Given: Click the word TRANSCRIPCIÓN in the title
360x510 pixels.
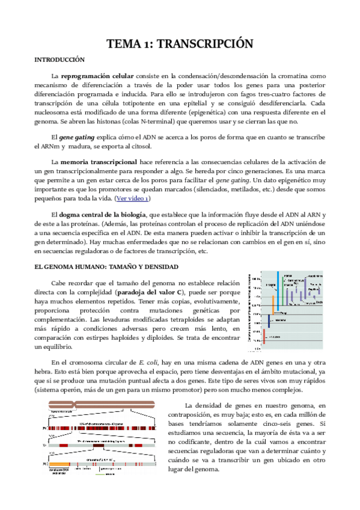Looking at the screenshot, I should pyautogui.click(x=206, y=44).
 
